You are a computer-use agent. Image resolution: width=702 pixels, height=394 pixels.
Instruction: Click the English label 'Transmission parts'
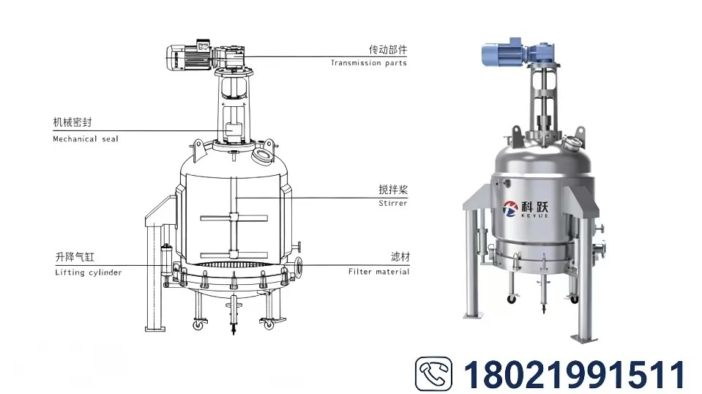(x=368, y=63)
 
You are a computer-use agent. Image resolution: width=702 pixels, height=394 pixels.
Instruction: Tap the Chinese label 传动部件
(x=388, y=49)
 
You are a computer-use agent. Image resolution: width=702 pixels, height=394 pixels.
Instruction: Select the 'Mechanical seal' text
(x=86, y=139)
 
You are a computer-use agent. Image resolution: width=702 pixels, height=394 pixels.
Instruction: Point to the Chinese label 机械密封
(x=72, y=122)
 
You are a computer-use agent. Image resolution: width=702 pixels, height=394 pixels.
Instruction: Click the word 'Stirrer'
(x=392, y=204)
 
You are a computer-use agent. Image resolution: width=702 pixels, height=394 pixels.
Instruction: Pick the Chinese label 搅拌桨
(x=393, y=190)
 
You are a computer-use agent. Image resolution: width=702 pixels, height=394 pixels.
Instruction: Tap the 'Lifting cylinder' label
(x=88, y=272)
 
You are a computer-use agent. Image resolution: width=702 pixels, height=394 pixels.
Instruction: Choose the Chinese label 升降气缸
(x=75, y=257)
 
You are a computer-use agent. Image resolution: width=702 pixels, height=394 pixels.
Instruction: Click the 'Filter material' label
(x=378, y=271)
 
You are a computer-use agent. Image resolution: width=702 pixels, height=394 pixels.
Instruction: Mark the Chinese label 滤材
(x=400, y=256)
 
